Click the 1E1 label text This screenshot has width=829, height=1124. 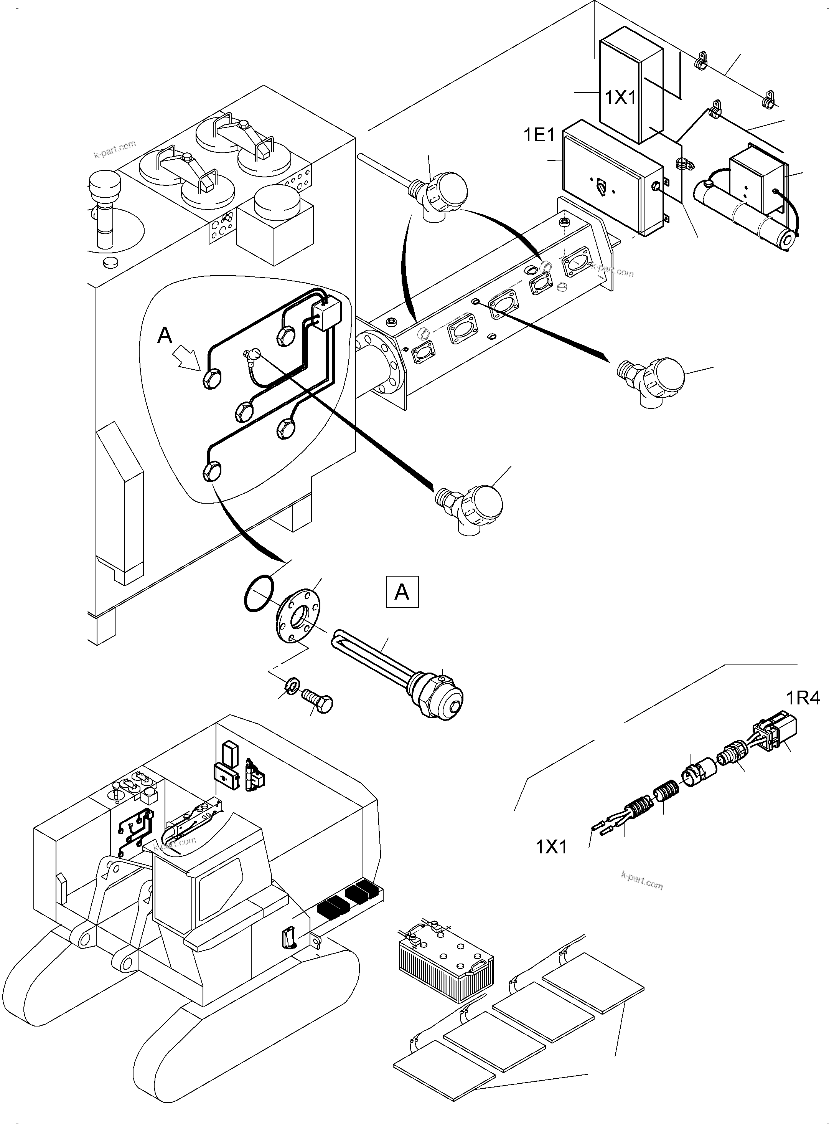pos(539,135)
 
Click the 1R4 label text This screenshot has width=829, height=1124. pos(803,698)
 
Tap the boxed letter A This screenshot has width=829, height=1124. pos(402,592)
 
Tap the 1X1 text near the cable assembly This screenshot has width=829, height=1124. pos(551,847)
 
